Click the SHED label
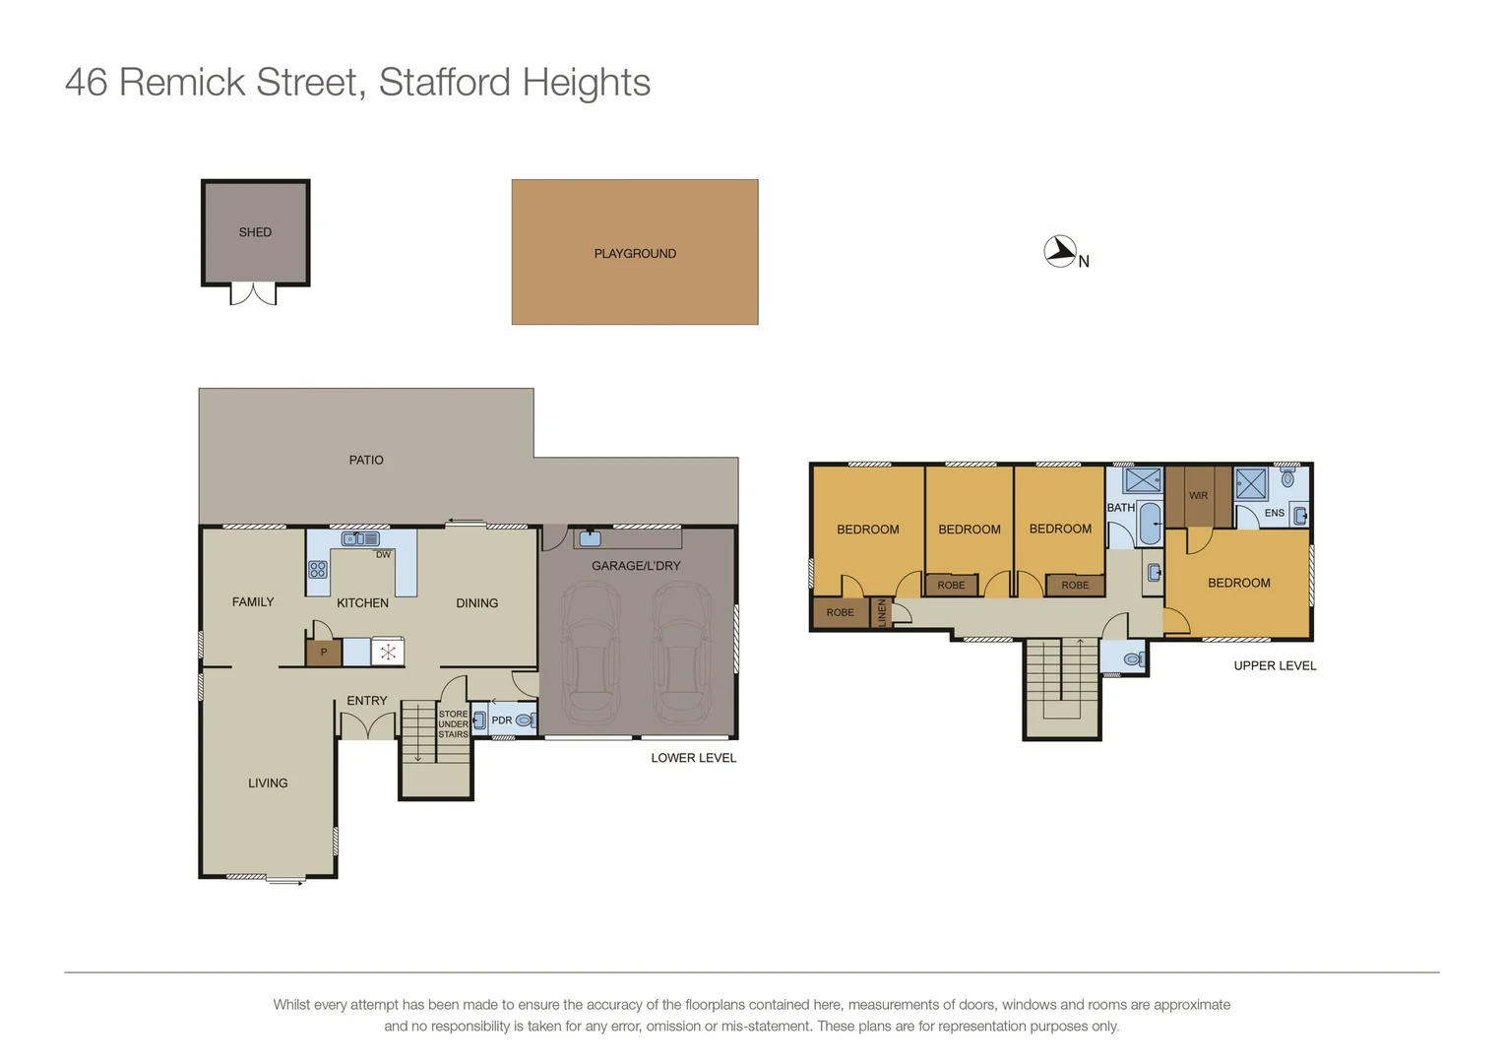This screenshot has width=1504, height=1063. (255, 232)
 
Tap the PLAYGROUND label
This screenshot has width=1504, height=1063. (635, 254)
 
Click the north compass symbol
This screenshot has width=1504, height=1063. (1060, 252)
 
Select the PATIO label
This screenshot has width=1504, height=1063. (366, 460)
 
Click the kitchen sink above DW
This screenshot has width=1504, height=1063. (360, 538)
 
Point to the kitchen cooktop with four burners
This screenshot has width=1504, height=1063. (318, 569)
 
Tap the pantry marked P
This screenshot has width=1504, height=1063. (323, 653)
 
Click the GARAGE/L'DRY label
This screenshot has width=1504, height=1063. (636, 566)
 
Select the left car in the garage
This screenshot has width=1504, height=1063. (590, 651)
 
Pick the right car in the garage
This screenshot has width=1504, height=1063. (682, 651)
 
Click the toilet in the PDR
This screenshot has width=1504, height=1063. (525, 720)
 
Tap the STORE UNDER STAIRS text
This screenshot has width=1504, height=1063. (453, 724)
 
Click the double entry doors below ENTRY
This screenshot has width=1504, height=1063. (367, 726)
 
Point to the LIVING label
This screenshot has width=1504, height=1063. (268, 783)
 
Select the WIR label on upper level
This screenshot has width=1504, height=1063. (1198, 496)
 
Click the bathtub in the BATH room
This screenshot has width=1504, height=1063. (1149, 524)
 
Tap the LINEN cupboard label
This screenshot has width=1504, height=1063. (882, 612)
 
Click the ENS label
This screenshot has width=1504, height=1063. (1274, 513)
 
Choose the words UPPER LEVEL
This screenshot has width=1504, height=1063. (1275, 666)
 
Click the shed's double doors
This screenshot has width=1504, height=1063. (253, 294)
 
